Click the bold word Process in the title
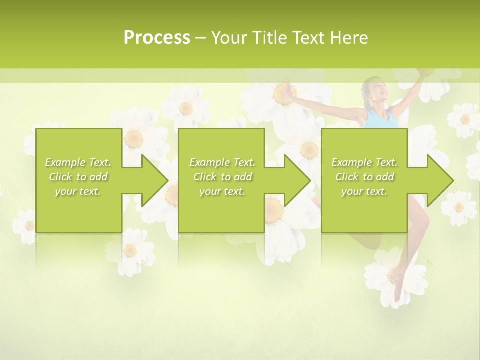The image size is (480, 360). coord(157,38)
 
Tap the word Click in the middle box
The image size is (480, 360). coord(204,177)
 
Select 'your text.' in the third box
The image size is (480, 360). coord(364,191)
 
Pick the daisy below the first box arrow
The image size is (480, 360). coord(130,250)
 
